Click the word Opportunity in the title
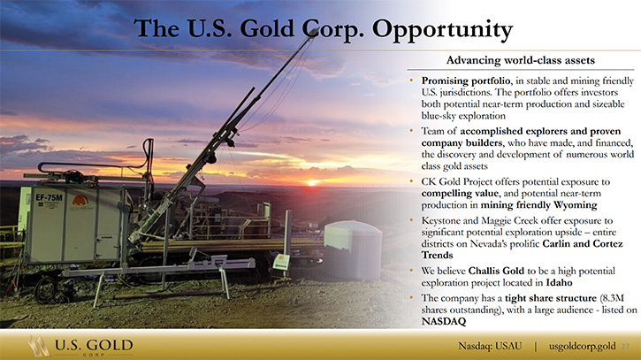pyautogui.click(x=442, y=29)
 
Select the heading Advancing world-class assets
pyautogui.click(x=521, y=60)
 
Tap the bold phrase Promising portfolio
pyautogui.click(x=466, y=81)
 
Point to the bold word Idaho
pyautogui.click(x=560, y=282)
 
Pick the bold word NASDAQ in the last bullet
pyautogui.click(x=444, y=321)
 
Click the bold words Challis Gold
pyautogui.click(x=496, y=271)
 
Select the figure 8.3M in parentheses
pyautogui.click(x=614, y=298)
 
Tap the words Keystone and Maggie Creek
pyautogui.click(x=480, y=220)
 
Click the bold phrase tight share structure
pyautogui.click(x=551, y=298)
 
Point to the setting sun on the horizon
pyautogui.click(x=312, y=183)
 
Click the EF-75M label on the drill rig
pyautogui.click(x=49, y=197)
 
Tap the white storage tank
pyautogui.click(x=353, y=249)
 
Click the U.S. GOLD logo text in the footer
pyautogui.click(x=94, y=345)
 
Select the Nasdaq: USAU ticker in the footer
pyautogui.click(x=490, y=346)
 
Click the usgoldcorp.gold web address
pyautogui.click(x=582, y=347)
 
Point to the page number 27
pyautogui.click(x=625, y=347)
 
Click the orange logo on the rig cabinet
pyautogui.click(x=80, y=201)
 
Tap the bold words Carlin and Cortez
pyautogui.click(x=583, y=243)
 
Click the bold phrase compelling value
pyautogui.click(x=460, y=193)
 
